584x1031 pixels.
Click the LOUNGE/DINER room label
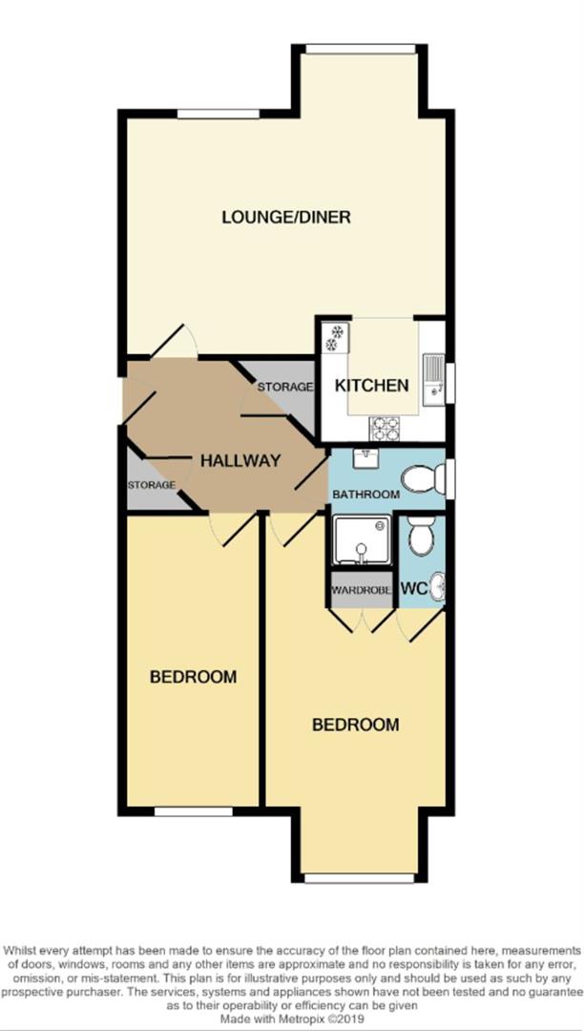285,218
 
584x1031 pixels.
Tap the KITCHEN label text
371,387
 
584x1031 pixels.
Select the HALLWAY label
240,461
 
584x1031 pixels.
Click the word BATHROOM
365,494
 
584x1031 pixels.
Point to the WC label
413,590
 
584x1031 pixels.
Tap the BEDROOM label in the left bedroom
193,678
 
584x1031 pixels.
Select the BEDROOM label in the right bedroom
356,726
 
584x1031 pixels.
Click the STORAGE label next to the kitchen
284,387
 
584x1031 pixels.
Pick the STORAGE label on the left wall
152,485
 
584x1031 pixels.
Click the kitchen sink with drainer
433,374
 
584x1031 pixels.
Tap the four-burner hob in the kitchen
384,426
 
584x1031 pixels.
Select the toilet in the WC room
420,537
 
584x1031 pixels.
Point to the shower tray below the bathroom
361,540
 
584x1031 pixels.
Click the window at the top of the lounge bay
346,47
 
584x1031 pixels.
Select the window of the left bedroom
194,812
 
